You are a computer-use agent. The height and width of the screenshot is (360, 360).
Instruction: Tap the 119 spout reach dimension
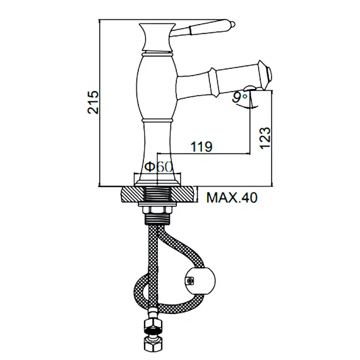pos(201,147)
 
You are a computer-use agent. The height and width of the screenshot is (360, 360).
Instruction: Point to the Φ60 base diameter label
pos(158,167)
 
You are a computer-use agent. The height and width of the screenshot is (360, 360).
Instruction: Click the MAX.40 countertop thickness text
pos(232,198)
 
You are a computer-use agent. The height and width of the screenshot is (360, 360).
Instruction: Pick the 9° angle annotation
pos(239,97)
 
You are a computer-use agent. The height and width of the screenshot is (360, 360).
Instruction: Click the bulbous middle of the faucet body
pos(155,85)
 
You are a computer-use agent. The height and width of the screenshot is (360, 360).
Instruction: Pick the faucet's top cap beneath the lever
pos(155,28)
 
